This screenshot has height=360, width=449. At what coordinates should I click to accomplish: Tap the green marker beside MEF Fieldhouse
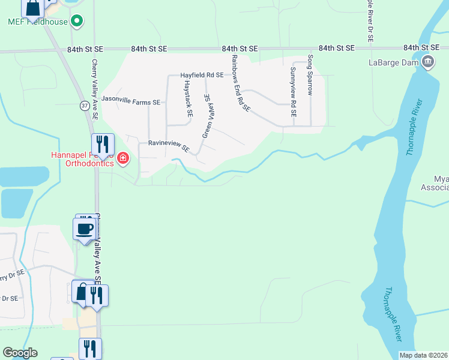pyautogui.click(x=76, y=22)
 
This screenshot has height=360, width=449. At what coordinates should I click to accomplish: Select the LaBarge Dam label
pyautogui.click(x=394, y=61)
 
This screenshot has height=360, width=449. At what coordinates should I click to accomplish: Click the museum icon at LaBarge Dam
pyautogui.click(x=428, y=61)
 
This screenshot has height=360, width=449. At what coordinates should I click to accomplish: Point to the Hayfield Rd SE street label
pyautogui.click(x=202, y=76)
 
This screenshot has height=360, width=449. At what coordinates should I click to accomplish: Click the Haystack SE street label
pyautogui.click(x=187, y=97)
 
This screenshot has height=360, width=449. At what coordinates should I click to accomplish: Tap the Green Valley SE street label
pyautogui.click(x=208, y=115)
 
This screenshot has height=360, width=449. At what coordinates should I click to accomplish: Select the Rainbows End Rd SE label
pyautogui.click(x=240, y=83)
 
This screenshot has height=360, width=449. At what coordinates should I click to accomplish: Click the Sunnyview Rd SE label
pyautogui.click(x=293, y=88)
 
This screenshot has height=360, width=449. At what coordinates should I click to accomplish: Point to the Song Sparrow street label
pyautogui.click(x=310, y=75)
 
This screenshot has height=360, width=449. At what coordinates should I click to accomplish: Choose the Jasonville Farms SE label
pyautogui.click(x=131, y=102)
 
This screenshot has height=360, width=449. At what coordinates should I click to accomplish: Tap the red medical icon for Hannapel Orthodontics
pyautogui.click(x=123, y=158)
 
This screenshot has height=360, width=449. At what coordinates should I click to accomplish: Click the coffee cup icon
pyautogui.click(x=84, y=229)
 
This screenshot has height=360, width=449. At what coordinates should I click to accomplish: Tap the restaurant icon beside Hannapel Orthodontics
pyautogui.click(x=102, y=144)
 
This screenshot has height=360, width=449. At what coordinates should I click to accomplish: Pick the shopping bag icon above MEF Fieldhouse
pyautogui.click(x=32, y=8)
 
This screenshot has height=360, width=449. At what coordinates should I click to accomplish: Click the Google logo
pyautogui.click(x=20, y=353)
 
